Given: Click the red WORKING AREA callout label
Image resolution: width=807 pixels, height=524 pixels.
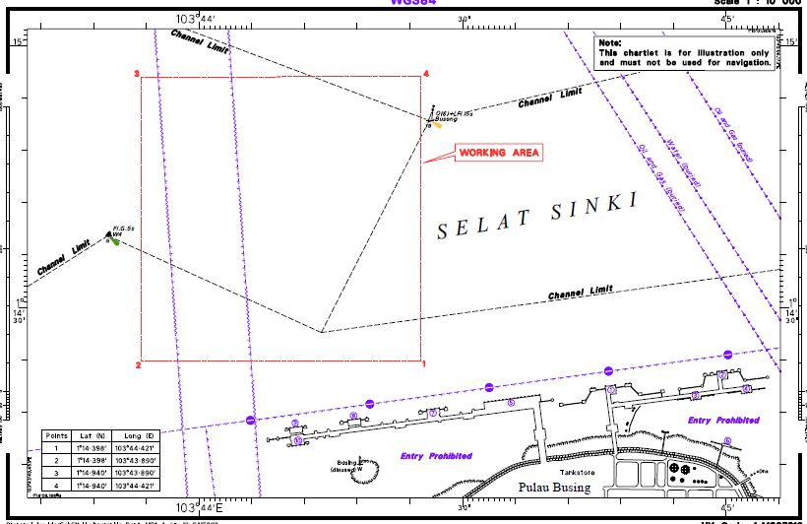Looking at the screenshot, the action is tap(498, 153).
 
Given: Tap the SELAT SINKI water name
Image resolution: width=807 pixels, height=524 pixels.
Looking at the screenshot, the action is tap(537, 216).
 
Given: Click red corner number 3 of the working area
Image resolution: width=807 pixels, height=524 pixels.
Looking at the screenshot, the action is tap(137, 74).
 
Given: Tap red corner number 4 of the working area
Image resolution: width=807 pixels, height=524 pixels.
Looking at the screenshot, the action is tap(426, 74).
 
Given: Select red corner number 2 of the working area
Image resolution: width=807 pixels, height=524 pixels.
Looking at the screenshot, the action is tap(138, 365).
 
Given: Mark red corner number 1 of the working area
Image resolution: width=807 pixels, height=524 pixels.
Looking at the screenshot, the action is tap(424, 365).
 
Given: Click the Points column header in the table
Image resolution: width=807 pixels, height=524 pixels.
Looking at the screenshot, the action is tap(56, 434).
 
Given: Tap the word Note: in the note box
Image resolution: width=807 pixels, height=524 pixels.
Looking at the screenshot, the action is tap(610, 43).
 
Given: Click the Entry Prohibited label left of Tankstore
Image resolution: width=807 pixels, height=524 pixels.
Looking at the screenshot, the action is tap(436, 456).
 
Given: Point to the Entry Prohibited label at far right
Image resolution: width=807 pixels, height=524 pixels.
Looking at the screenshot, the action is tap(723, 421).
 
